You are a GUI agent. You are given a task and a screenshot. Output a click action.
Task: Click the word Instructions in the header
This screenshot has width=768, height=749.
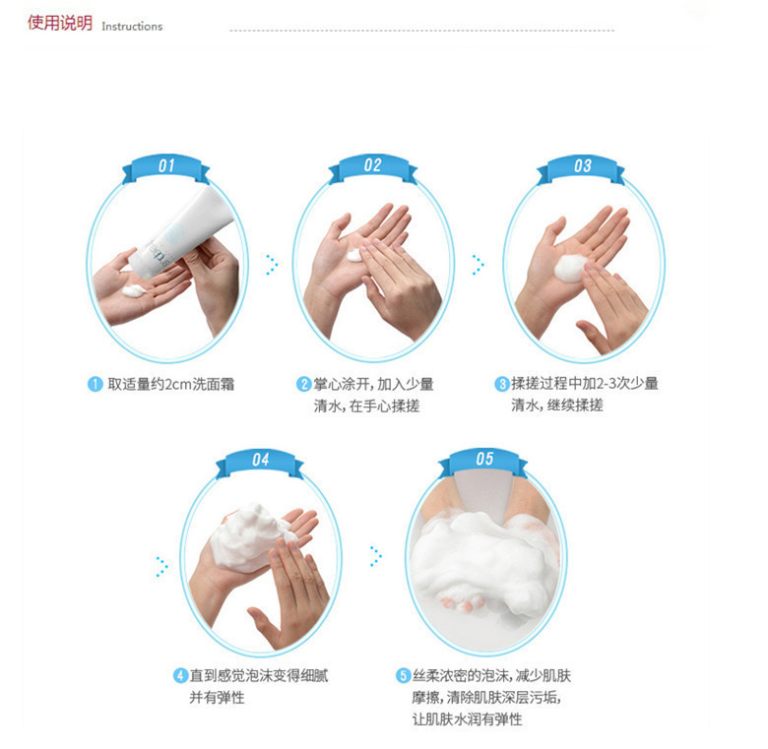[132, 27]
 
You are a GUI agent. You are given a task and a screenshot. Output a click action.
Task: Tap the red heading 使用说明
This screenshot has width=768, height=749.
[60, 23]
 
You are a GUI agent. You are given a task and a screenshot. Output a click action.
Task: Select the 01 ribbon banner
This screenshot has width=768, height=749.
[165, 167]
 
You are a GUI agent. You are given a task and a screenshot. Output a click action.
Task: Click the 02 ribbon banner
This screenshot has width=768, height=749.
[372, 167]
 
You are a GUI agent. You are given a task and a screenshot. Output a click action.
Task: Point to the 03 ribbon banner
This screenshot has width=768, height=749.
[581, 167]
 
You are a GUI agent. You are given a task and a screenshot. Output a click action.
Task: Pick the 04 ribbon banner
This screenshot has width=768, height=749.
[260, 462]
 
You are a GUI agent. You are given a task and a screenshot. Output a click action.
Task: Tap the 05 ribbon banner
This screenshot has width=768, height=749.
[483, 461]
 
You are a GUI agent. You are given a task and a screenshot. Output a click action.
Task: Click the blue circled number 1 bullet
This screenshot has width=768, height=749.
[96, 384]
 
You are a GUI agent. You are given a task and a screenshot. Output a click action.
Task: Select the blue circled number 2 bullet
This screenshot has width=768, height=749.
[303, 384]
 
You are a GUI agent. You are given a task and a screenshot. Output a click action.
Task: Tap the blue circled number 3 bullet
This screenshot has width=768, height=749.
[501, 384]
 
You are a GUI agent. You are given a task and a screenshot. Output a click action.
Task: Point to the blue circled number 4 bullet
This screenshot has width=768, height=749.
[180, 676]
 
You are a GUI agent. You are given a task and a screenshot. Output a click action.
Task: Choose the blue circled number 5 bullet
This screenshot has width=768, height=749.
[403, 676]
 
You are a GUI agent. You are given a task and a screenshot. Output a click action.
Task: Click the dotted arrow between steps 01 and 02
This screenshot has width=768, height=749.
[273, 265]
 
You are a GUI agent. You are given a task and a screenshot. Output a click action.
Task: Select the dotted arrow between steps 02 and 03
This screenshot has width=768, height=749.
[479, 265]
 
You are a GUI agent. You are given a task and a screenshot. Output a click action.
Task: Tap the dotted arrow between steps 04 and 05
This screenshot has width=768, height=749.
[376, 556]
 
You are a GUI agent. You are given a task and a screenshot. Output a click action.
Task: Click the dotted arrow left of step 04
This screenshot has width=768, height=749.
[162, 567]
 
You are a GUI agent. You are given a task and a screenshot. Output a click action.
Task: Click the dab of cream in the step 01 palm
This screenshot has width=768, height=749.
[134, 290]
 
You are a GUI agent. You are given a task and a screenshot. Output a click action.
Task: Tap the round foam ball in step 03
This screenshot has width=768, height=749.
[570, 268]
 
